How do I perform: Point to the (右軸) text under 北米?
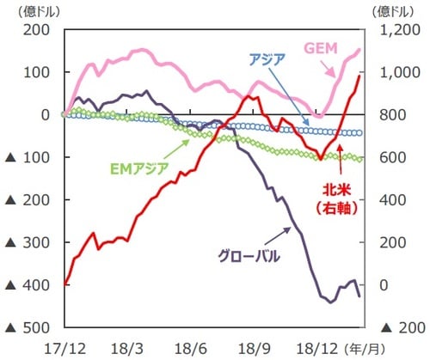pos(348,207)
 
